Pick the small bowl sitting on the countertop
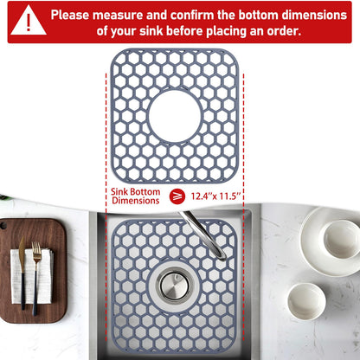[x=306, y=299]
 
